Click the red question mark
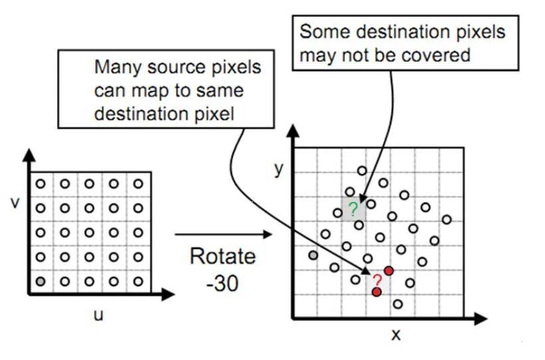coord(377,280)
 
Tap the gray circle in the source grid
coord(41,281)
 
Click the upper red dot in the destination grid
coord(389,270)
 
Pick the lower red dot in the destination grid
coord(377,292)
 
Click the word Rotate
coord(222,256)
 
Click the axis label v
coord(15,201)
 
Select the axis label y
coord(279,169)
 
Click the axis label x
coord(396,334)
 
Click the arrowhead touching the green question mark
coord(362,197)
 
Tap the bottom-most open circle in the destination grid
coord(397,304)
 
